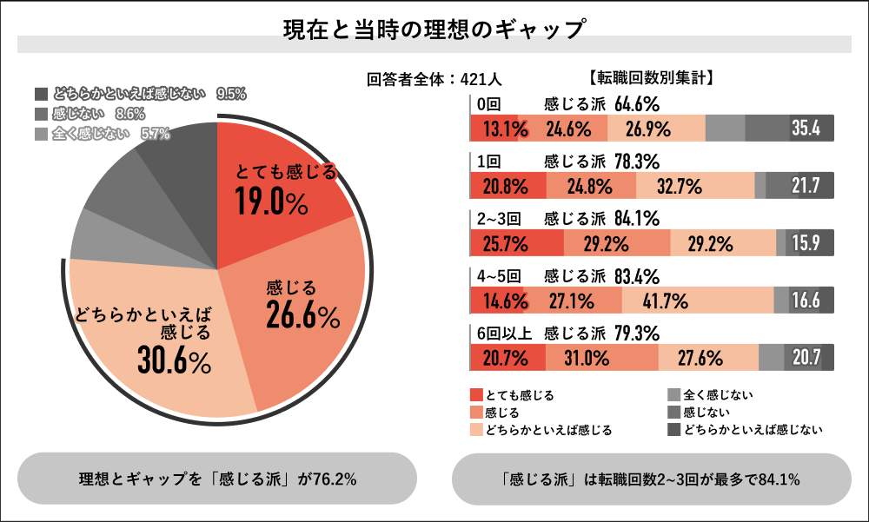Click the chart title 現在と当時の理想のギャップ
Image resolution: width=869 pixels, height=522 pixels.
pos(434,29)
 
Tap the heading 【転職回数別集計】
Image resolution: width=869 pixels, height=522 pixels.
pos(651,78)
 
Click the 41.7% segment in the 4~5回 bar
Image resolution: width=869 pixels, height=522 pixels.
pos(666,301)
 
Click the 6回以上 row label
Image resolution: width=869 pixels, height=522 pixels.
pos(498,333)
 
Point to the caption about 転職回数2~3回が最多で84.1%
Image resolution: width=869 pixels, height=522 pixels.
pos(651,479)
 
